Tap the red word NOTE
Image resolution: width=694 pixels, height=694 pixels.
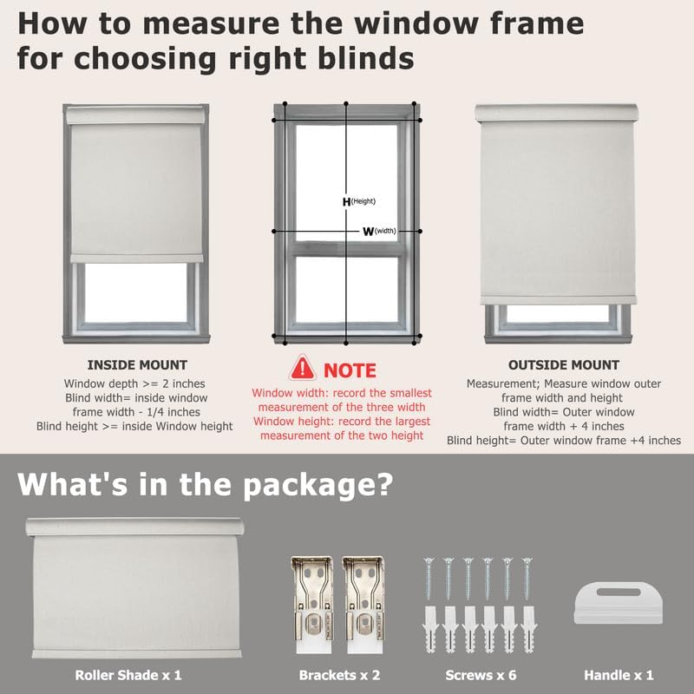pos(350,370)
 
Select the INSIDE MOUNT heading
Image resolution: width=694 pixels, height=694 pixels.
pos(137,365)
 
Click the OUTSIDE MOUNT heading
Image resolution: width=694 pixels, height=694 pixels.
pos(564,365)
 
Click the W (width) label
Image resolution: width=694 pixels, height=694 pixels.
pos(378,232)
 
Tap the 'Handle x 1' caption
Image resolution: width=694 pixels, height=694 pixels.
pos(619,674)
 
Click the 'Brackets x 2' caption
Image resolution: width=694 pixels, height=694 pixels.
pos(338,674)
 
